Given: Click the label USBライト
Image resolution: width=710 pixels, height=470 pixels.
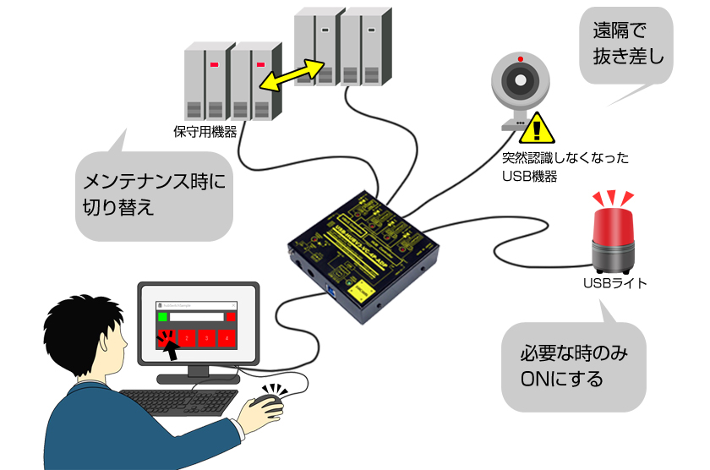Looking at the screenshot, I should click(614, 283).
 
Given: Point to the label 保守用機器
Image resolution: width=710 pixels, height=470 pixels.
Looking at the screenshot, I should click(205, 131).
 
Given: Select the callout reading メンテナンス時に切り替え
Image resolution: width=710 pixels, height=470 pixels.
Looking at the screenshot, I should click(153, 194).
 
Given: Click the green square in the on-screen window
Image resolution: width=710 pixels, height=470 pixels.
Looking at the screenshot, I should click(162, 317).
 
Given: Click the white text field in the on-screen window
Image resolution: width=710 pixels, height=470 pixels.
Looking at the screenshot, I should click(196, 317).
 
